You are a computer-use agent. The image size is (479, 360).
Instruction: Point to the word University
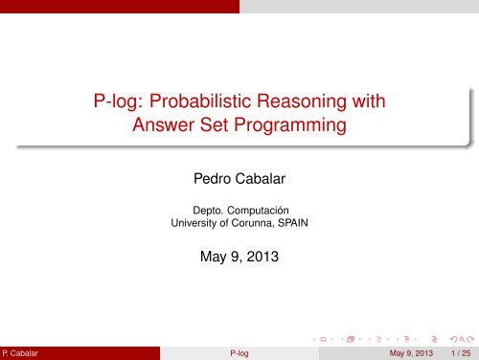tap(195, 224)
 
